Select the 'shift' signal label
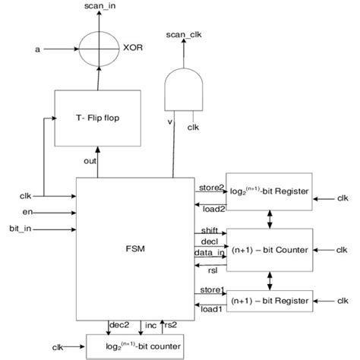point(209,231)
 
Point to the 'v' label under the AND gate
point(170,121)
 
